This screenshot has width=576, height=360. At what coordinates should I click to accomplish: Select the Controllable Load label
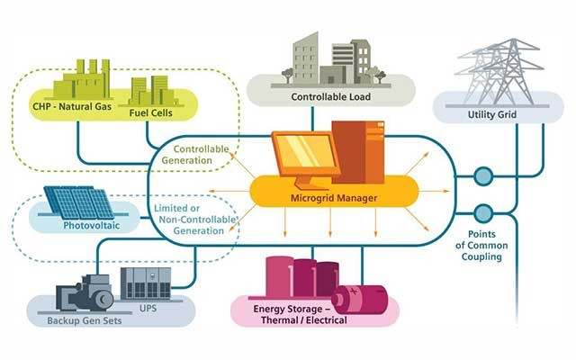pyautogui.click(x=331, y=95)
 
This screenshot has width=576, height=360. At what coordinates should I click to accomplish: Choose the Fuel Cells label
pyautogui.click(x=150, y=113)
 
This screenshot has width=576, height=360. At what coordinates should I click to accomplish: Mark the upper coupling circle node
pyautogui.click(x=483, y=176)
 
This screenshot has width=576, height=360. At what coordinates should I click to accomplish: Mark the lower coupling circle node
pyautogui.click(x=483, y=213)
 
